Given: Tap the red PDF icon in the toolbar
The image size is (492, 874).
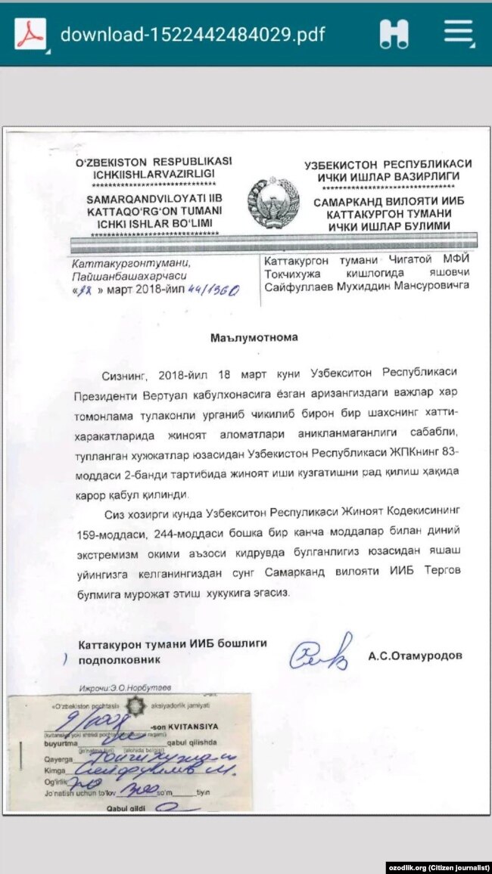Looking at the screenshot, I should click(x=30, y=34).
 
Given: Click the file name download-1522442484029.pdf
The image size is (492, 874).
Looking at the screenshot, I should click(x=193, y=35).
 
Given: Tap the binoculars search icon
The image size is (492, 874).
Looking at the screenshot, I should click(x=394, y=34).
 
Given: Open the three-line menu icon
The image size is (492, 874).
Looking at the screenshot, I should click(x=459, y=33).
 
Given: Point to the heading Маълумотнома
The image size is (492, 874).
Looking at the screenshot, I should click(x=254, y=338).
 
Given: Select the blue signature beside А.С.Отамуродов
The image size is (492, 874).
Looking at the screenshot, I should click(x=322, y=652).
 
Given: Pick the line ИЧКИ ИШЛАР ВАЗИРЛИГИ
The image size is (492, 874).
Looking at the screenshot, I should click(x=387, y=176).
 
